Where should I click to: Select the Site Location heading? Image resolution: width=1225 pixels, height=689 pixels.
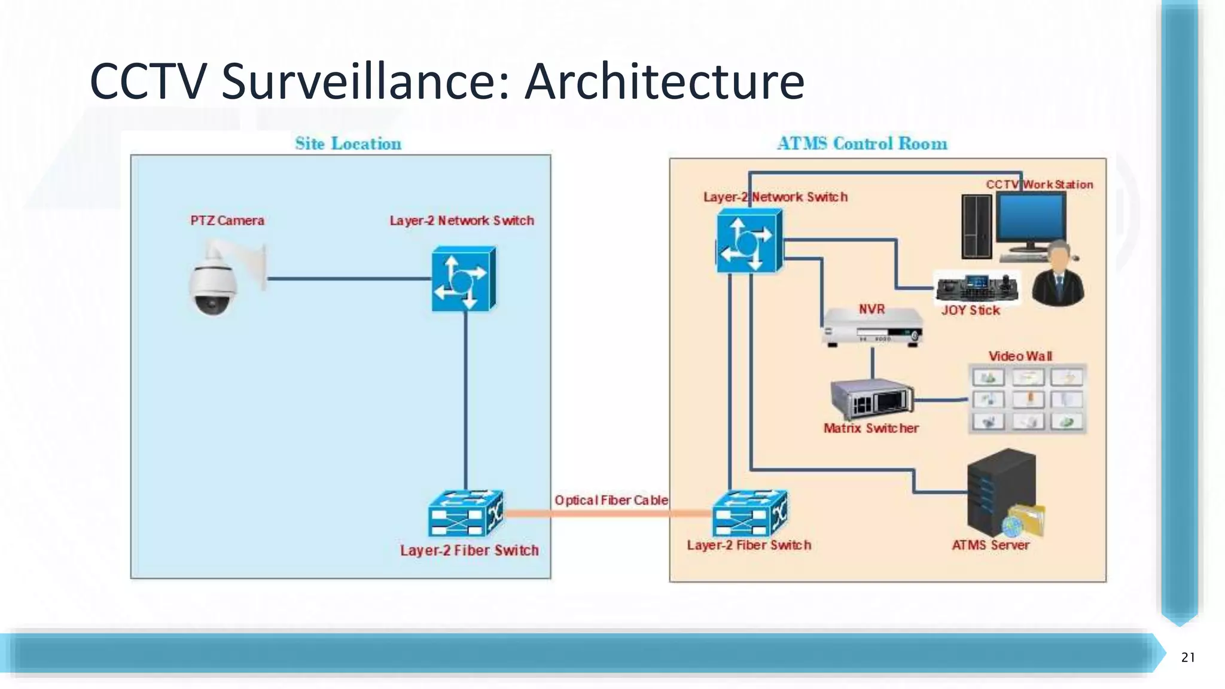tap(348, 144)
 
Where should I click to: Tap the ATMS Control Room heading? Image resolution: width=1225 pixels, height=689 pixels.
tap(862, 144)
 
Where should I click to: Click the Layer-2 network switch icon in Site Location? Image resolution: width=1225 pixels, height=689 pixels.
tap(464, 279)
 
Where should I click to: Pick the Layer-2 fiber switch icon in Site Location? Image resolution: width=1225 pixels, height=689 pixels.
tap(465, 514)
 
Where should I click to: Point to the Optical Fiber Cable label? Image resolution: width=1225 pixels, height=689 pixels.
tap(611, 500)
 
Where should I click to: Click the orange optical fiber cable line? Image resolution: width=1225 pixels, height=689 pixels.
tap(607, 513)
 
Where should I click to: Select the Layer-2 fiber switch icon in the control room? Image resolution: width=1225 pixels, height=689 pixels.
tap(749, 514)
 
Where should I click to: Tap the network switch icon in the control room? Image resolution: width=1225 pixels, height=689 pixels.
tap(749, 243)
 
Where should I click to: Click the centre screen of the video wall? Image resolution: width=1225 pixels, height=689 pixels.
tap(1028, 399)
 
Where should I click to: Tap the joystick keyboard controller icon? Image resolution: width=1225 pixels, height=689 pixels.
tap(977, 288)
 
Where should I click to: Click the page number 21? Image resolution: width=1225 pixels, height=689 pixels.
tap(1188, 657)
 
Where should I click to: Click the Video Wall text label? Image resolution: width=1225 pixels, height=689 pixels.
tap(1020, 356)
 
